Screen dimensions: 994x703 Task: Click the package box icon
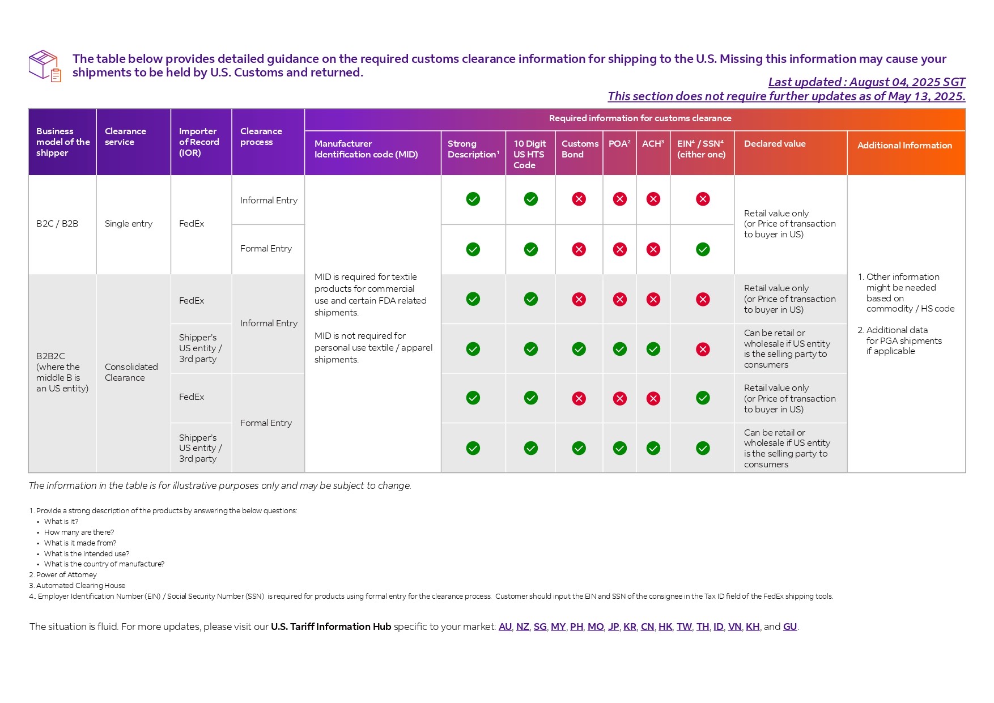point(45,66)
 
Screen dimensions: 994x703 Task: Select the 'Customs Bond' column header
point(580,149)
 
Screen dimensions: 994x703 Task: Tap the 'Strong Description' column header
point(473,149)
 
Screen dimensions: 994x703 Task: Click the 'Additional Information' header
point(904,146)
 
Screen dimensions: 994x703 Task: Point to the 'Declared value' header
point(775,144)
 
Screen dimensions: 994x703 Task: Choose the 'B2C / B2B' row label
point(57,224)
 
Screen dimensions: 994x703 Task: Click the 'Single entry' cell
point(129,224)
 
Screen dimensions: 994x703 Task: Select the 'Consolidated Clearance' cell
point(131,372)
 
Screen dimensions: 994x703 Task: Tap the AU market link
point(505,627)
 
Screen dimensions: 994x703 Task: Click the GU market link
point(790,627)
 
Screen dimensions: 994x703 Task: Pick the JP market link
point(613,627)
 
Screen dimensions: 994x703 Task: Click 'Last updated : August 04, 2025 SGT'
point(866,82)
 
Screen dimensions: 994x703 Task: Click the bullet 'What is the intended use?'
point(87,554)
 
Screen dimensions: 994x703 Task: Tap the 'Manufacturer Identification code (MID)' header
point(366,149)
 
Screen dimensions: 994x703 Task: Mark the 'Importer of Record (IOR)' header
point(199,142)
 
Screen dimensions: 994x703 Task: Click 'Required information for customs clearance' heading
point(640,118)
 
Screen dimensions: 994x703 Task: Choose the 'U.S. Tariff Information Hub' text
point(331,627)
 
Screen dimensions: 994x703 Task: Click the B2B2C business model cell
point(62,372)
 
